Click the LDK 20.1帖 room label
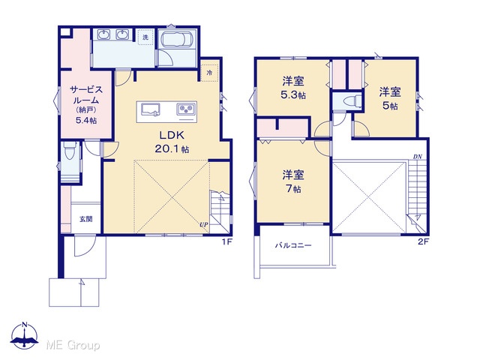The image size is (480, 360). click(x=172, y=142)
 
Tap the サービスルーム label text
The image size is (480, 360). click(x=86, y=95)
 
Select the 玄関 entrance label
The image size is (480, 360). click(x=86, y=219)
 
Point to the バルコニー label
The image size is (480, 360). click(x=293, y=245)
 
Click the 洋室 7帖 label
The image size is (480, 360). click(x=293, y=181)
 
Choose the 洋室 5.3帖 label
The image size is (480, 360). click(x=293, y=88)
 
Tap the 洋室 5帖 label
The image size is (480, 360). click(x=390, y=98)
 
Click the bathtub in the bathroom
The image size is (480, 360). click(x=177, y=39)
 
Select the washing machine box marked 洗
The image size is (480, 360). click(x=145, y=37)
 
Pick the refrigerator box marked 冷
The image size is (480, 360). click(x=210, y=73)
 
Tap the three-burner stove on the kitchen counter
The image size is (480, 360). click(x=186, y=108)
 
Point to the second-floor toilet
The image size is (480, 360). click(x=352, y=101)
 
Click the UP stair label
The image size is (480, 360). click(x=204, y=225)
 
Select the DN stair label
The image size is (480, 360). click(x=418, y=157)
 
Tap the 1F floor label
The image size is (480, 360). click(x=227, y=241)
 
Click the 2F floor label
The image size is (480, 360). click(x=424, y=241)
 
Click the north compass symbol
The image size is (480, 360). click(x=25, y=335)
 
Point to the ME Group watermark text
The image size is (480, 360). click(x=73, y=346)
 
